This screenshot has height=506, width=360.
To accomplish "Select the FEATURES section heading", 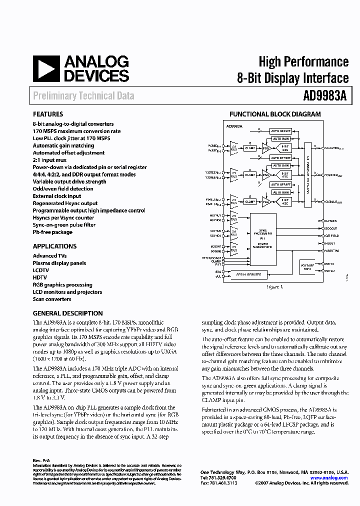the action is point(48,114).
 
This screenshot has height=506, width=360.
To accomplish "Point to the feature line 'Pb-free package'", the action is point(52,232).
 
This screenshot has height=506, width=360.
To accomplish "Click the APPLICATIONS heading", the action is point(54,246).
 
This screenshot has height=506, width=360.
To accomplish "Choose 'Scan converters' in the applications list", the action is point(52,299).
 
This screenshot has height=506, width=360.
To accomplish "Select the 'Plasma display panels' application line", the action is point(59,263).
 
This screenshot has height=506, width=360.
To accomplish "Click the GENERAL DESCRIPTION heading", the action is point(67,313).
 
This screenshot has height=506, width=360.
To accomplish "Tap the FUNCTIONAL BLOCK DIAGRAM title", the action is point(275,114).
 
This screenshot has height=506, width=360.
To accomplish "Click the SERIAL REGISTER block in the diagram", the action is point(248,274).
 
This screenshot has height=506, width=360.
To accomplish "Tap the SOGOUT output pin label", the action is point(330,228).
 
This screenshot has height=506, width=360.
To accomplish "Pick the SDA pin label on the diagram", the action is point(218,272).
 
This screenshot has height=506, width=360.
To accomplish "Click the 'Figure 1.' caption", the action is point(274,287).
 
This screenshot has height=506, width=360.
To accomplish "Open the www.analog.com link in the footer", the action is point(329,478).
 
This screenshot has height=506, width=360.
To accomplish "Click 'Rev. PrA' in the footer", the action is point(42,460).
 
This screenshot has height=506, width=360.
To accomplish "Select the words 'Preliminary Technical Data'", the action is point(83,95).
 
